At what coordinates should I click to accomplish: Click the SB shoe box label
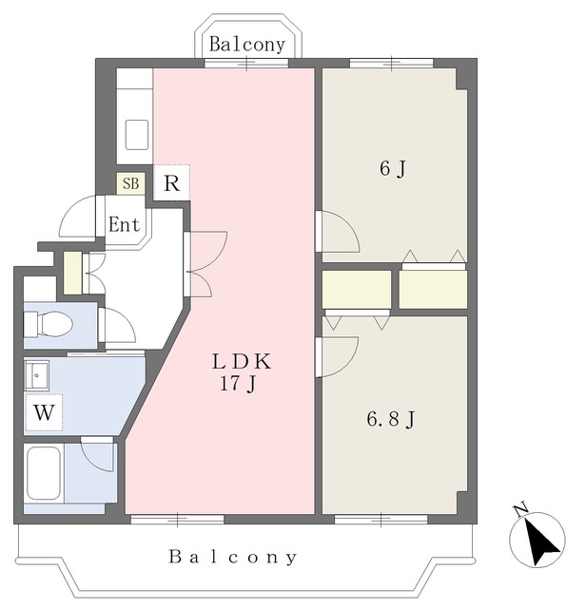[x=131, y=183]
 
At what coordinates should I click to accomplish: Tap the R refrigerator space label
[x=171, y=183]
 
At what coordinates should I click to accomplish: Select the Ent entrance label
[x=125, y=224]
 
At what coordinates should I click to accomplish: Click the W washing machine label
[x=44, y=412]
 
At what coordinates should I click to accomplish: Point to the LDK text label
[x=242, y=362]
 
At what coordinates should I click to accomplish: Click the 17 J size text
[x=238, y=384]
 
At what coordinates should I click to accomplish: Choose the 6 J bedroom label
[x=393, y=169]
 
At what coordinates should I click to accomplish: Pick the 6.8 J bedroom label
[x=391, y=420]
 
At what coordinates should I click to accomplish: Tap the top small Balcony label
[x=247, y=45]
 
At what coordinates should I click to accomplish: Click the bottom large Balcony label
[x=233, y=558]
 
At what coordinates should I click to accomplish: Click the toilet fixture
[x=49, y=324]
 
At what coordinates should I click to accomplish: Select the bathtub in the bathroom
[x=43, y=473]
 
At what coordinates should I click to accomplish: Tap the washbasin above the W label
[x=36, y=375]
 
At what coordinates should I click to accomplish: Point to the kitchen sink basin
[x=137, y=135]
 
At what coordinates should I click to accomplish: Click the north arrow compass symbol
[x=537, y=540]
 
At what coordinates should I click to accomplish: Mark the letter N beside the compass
[x=520, y=509]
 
